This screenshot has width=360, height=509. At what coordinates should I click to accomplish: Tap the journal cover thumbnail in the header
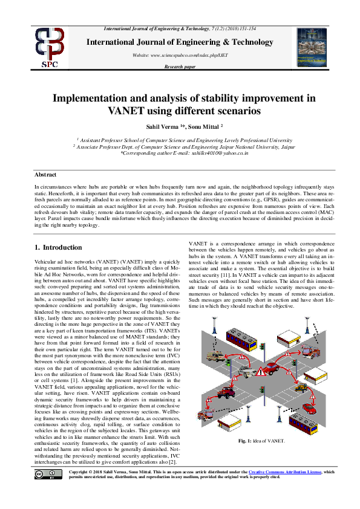pyautogui.click(x=312, y=47)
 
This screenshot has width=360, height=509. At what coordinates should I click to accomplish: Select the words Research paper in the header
pyautogui.click(x=180, y=66)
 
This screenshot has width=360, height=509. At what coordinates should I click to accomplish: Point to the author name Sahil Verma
pyautogui.click(x=163, y=127)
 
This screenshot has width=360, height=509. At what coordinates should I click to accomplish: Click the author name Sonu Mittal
pyautogui.click(x=204, y=127)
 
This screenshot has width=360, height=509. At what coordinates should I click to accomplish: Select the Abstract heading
pyautogui.click(x=46, y=173)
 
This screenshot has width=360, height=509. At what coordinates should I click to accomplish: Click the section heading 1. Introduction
pyautogui.click(x=58, y=247)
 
